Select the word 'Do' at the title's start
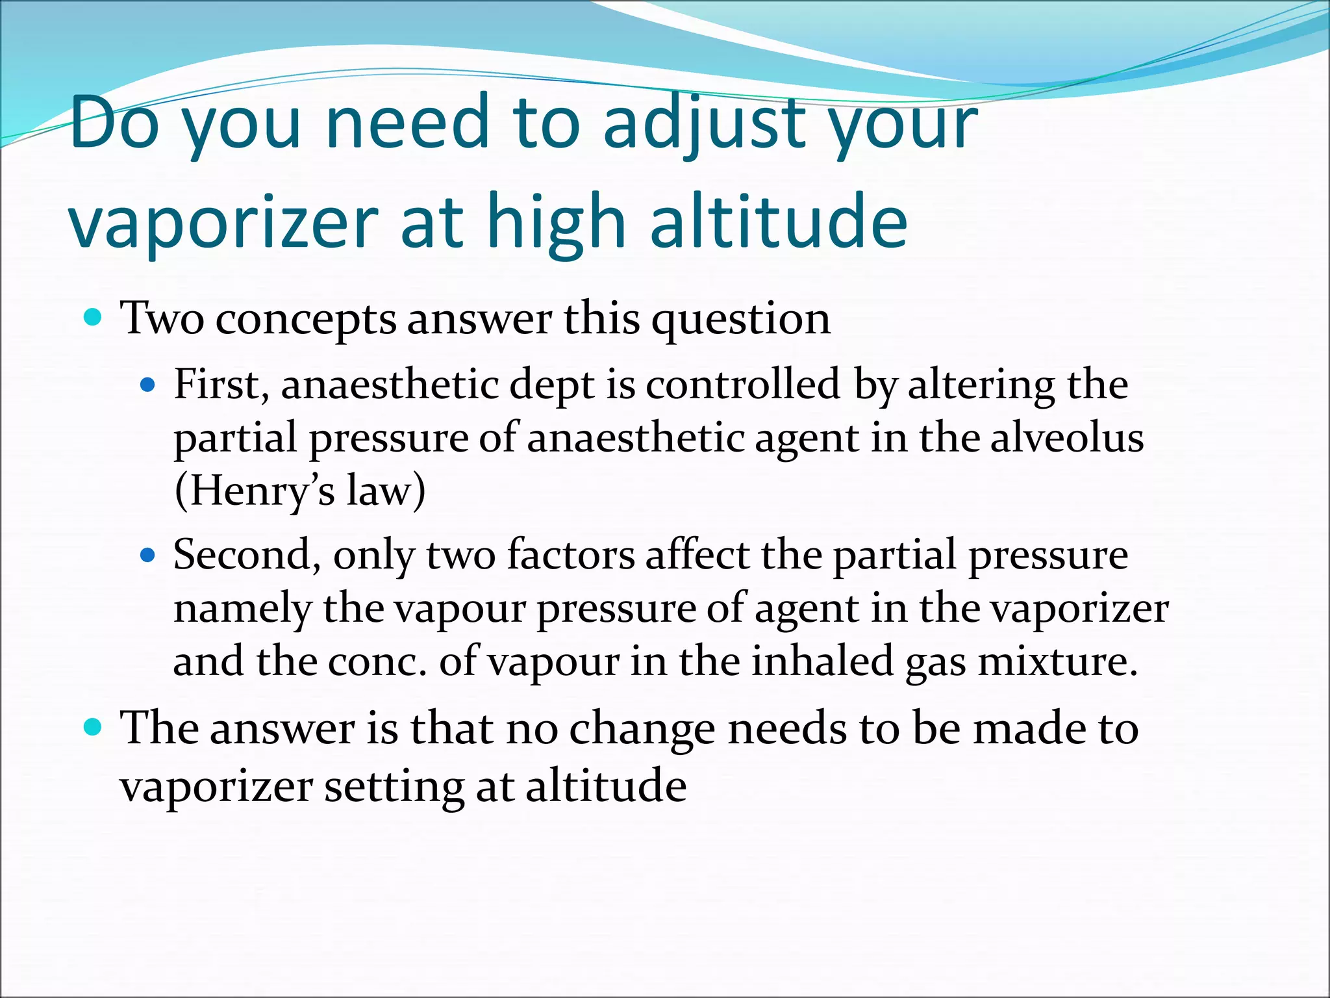114,123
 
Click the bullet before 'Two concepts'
94,318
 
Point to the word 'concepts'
305,320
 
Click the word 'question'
740,320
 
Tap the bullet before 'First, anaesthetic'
149,385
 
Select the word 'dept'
551,385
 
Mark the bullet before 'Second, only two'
149,556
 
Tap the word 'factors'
571,556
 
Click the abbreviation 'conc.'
377,662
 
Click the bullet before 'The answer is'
94,726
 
